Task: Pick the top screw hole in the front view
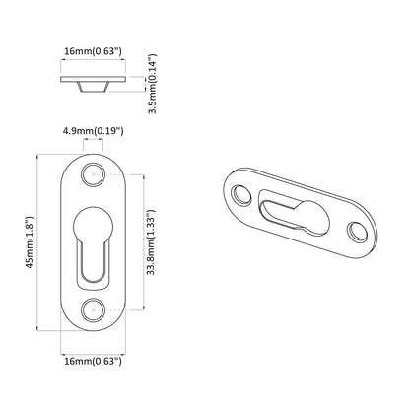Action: [x=96, y=177]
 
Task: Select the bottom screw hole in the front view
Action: [x=96, y=307]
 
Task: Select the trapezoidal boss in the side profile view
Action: [x=92, y=86]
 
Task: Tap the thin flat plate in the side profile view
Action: [x=92, y=77]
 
